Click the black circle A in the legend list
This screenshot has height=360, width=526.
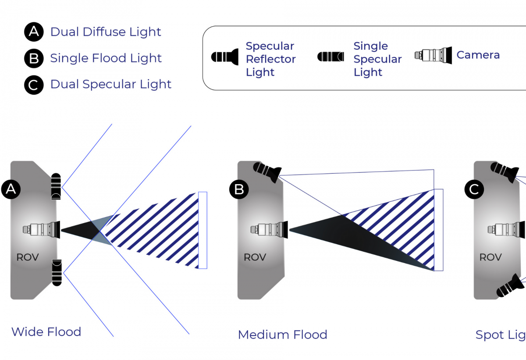click(34, 32)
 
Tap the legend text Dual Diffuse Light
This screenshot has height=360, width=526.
click(106, 32)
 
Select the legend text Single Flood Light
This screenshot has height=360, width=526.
click(106, 58)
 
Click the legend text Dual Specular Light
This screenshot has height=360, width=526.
click(110, 84)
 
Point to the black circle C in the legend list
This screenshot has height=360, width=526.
click(34, 85)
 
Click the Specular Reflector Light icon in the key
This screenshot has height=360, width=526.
click(225, 57)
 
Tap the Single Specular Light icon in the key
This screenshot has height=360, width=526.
click(331, 57)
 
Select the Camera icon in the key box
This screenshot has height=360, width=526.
click(433, 55)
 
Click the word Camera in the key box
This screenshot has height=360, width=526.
click(478, 55)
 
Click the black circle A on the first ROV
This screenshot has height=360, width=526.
click(11, 189)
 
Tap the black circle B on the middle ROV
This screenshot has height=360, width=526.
click(239, 189)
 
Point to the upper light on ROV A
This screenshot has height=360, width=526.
click(57, 187)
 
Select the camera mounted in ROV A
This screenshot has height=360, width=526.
click(42, 229)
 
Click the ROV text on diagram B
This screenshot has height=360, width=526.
click(255, 257)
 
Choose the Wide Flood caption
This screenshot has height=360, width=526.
click(46, 332)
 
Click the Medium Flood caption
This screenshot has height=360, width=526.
click(282, 335)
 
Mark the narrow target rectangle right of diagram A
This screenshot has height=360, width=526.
click(203, 230)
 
